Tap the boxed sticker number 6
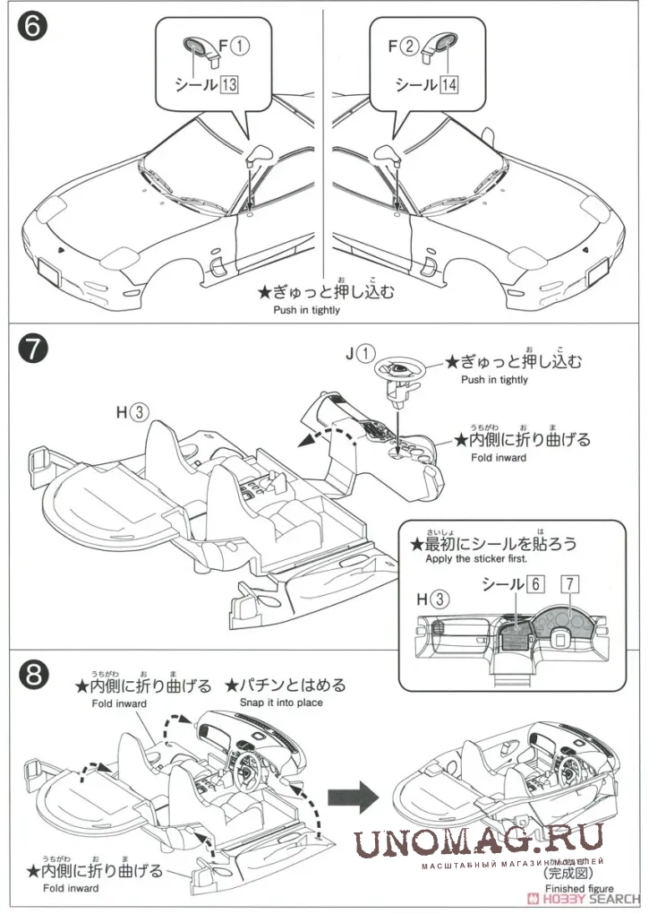coord(535,583)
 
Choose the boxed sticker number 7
coord(568,583)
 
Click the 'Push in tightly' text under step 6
coord(307,310)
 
